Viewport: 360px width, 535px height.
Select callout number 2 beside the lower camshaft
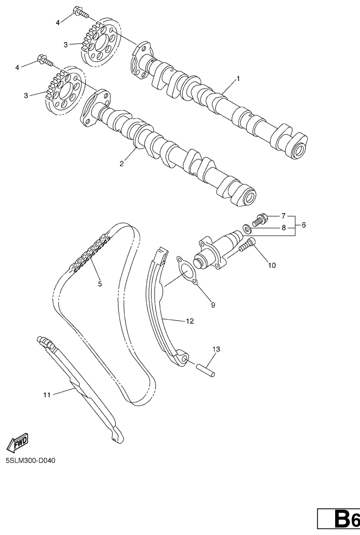122,163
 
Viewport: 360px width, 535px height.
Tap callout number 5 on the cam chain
99,283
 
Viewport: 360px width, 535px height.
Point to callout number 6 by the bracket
303,225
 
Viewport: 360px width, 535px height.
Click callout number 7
283,216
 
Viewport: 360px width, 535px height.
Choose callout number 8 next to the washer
283,228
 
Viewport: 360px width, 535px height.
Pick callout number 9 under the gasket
213,305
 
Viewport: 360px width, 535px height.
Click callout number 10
272,265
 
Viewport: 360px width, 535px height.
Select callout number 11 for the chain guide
46,395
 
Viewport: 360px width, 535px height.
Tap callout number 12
189,321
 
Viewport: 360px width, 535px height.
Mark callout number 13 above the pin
216,349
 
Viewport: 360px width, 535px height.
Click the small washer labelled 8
246,229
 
